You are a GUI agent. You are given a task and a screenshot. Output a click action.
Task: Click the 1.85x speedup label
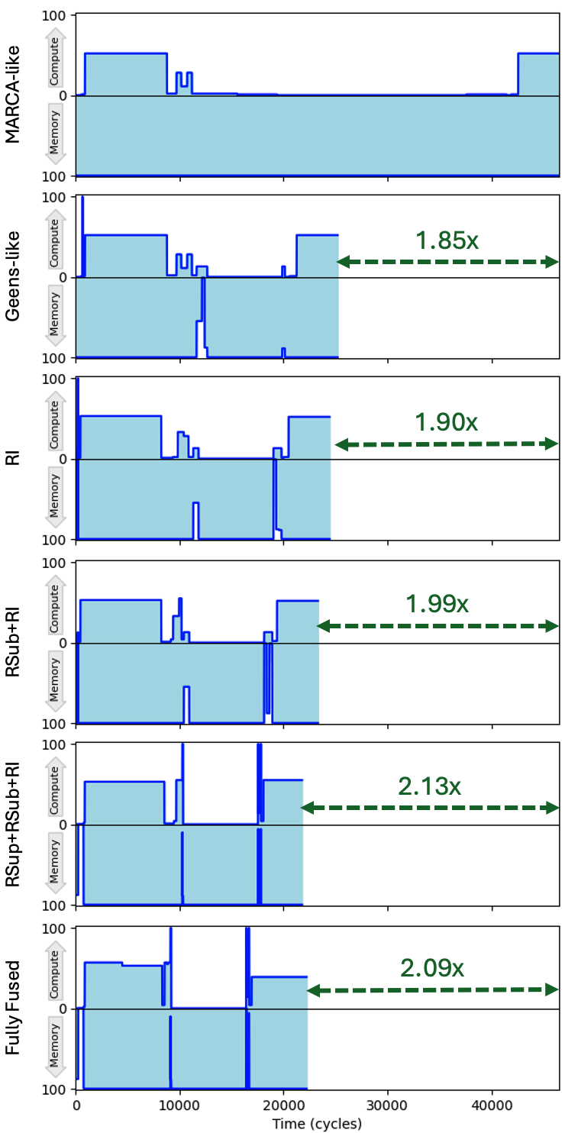pos(447,240)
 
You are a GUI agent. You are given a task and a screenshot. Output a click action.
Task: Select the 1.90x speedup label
pos(446,422)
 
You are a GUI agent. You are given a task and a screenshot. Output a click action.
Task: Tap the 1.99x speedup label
pos(437,603)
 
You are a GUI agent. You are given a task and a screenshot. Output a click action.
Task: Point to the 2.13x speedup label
pos(429,786)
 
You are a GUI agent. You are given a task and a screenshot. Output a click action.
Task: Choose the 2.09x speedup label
pos(432,967)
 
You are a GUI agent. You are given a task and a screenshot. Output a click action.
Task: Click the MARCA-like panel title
pos(12,95)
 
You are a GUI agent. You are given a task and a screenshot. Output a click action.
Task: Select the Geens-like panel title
pos(12,276)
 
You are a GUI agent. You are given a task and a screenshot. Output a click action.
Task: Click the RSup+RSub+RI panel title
pos(12,825)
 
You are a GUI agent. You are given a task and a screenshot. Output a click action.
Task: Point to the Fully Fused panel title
pos(12,1008)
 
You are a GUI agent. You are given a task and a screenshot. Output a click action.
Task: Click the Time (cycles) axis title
pos(317,1123)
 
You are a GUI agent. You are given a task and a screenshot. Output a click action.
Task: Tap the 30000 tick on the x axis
pos(387,1106)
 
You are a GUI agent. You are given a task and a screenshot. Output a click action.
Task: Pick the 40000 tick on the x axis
pos(492,1106)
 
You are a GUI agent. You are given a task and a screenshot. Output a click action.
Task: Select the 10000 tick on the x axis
pos(179,1106)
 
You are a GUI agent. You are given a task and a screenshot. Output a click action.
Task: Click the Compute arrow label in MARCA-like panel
pos(54,61)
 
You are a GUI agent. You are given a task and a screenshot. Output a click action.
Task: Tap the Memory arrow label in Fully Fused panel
pos(54,1045)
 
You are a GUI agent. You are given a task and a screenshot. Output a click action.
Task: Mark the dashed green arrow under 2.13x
pos(430,807)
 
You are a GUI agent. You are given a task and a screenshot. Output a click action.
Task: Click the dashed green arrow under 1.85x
pos(447,262)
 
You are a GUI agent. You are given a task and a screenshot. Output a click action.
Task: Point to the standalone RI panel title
pos(12,459)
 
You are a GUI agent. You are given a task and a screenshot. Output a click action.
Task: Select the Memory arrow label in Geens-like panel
pos(54,314)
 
